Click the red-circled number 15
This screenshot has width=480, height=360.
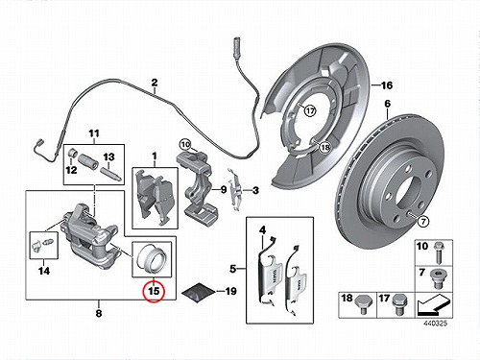click(154, 291)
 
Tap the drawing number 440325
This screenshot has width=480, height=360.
click(435, 324)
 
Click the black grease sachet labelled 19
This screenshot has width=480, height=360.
click(198, 293)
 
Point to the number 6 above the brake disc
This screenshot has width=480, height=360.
click(388, 104)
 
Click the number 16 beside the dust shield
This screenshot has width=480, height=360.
click(387, 85)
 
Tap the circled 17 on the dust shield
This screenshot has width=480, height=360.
click(310, 111)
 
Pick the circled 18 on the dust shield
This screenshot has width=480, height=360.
click(324, 148)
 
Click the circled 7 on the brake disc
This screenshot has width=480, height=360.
click(423, 222)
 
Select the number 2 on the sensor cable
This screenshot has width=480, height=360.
click(155, 83)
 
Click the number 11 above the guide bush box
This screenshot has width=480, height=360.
click(94, 133)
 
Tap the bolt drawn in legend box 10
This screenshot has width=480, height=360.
click(438, 253)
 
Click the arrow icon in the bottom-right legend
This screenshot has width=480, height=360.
click(434, 305)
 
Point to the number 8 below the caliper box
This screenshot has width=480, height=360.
click(99, 313)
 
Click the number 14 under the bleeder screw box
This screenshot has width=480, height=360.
click(44, 271)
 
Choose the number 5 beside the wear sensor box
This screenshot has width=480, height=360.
click(233, 269)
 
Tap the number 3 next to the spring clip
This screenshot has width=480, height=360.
click(255, 191)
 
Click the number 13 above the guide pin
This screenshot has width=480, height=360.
click(108, 157)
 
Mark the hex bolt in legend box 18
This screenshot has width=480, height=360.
click(362, 305)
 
